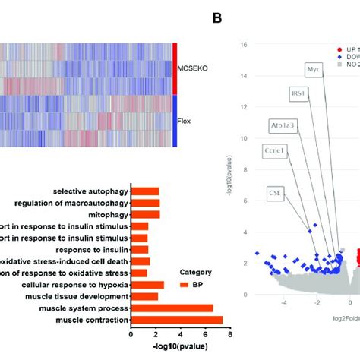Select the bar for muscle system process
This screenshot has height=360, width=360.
pos(172,307)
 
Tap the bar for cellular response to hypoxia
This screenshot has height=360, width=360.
pos(147,285)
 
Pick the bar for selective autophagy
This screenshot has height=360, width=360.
pos(145,191)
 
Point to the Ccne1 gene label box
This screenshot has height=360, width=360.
pos(273,150)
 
